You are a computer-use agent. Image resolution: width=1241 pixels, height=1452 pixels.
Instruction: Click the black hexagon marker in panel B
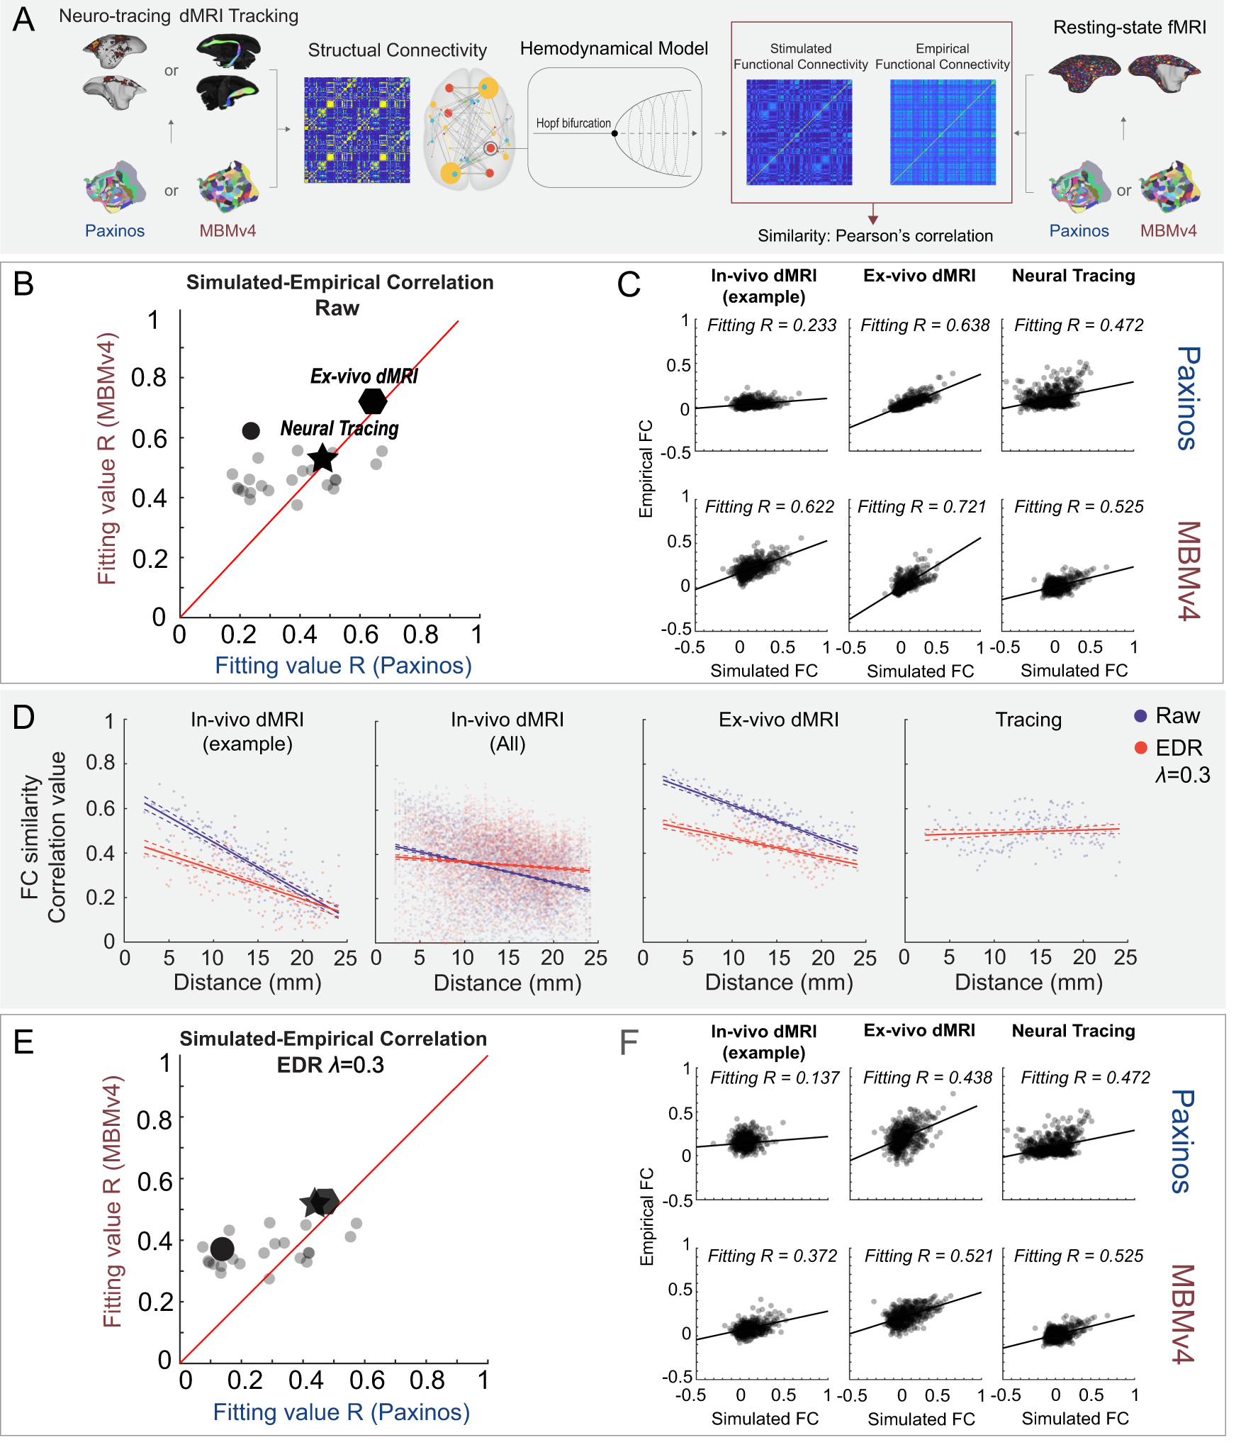(x=372, y=401)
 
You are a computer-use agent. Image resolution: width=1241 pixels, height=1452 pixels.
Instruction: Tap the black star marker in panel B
(x=322, y=458)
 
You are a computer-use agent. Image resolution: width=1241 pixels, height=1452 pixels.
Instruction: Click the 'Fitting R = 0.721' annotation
(x=921, y=507)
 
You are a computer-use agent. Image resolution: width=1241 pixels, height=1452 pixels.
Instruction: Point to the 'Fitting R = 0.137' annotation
(x=774, y=1078)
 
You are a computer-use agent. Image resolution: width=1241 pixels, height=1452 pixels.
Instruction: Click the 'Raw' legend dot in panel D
(x=1140, y=716)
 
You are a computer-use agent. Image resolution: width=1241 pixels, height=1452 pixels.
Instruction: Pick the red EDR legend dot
(x=1140, y=748)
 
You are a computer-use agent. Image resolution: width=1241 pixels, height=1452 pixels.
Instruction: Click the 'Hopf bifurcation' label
(x=573, y=123)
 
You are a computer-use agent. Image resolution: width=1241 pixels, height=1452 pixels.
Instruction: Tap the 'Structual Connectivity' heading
(x=397, y=50)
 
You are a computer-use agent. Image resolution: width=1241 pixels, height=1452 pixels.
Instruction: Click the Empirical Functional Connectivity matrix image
(x=943, y=133)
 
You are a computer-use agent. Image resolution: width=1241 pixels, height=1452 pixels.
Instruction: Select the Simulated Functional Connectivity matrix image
(x=799, y=133)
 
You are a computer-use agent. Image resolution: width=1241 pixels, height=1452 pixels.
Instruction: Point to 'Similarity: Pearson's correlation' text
(x=875, y=236)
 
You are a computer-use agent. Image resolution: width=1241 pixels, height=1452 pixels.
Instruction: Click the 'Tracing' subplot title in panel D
(x=1028, y=720)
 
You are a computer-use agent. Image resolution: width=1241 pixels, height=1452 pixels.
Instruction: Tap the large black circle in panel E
(x=222, y=1249)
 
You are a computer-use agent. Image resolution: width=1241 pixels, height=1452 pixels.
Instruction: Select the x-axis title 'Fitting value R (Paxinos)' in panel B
(x=343, y=666)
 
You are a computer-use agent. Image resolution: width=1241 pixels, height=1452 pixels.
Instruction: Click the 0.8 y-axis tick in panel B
(x=149, y=378)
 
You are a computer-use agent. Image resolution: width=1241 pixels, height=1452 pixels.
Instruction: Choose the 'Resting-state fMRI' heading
(x=1129, y=28)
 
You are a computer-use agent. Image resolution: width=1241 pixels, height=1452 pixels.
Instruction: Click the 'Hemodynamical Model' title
(x=614, y=49)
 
